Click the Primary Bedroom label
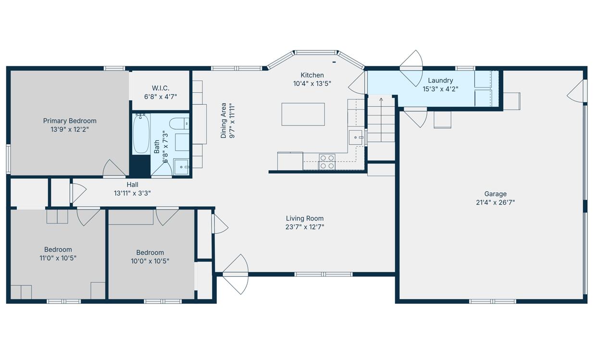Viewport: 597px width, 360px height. pos(70,121)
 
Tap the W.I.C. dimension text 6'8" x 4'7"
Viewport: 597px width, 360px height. pos(161,97)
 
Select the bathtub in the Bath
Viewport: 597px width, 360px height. pos(141,134)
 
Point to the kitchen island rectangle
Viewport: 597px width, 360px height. pos(303,114)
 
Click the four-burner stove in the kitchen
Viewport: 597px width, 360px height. pos(327,162)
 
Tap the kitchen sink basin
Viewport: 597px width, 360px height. pos(356,137)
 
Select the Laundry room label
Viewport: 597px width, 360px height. pos(440,80)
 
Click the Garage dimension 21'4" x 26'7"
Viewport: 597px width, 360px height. pos(495,202)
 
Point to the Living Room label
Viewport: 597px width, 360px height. pos(305,218)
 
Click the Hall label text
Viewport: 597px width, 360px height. pos(133,185)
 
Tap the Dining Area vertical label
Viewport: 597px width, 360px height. pos(224,121)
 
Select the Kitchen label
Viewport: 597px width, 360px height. pos(312,75)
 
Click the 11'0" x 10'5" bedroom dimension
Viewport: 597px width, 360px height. pos(58,258)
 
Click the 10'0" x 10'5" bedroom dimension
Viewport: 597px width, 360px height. pos(150,261)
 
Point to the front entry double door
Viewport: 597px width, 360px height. pos(236,274)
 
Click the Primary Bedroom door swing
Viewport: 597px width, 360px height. pos(114,169)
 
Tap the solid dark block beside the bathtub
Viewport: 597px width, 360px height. pos(140,165)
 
